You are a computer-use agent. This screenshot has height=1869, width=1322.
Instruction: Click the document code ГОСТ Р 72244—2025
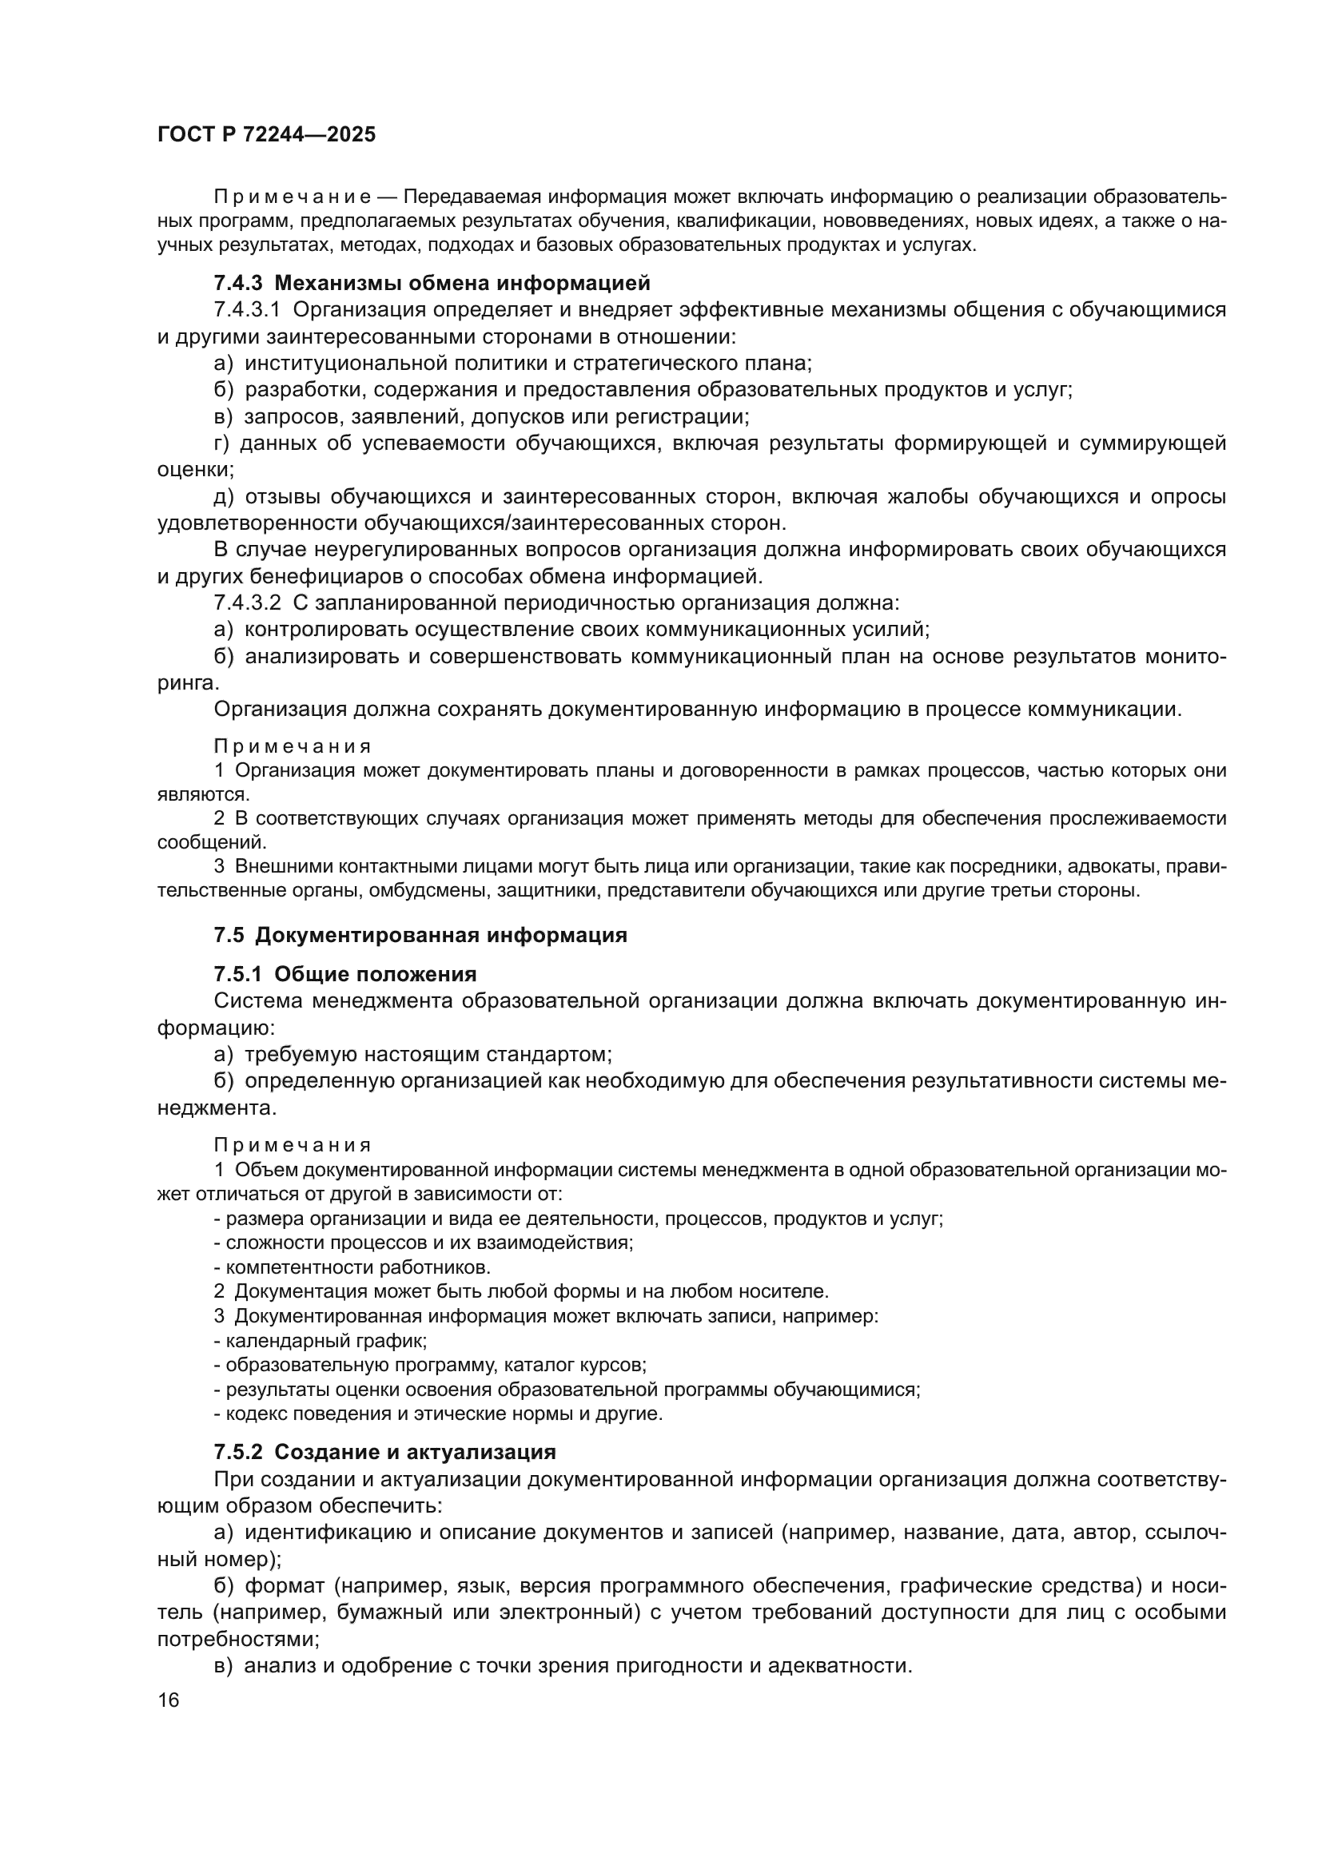coord(266,135)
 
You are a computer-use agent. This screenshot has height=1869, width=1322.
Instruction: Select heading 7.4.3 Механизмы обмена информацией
coord(432,284)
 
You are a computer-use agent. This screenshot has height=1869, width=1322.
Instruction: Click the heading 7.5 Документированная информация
coord(420,935)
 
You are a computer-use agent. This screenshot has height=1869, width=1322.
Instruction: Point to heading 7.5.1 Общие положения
coord(344,973)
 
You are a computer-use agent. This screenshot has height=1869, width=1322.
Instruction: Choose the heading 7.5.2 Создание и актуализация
coord(384,1451)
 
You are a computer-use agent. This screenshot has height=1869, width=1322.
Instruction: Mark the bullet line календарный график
coord(321,1339)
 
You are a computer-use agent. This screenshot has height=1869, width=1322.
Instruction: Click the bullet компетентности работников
coord(352,1267)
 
